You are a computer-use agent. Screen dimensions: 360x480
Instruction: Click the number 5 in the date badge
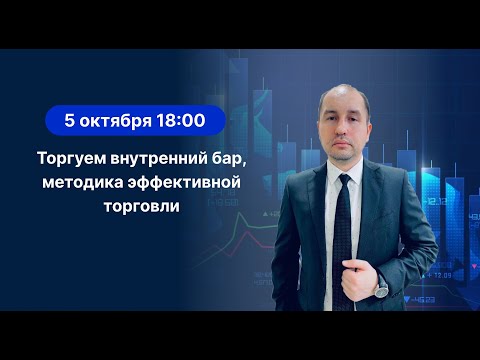pos(69,120)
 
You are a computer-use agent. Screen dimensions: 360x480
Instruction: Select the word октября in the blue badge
pos(116,120)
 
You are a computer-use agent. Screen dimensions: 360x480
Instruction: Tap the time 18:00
pos(181,120)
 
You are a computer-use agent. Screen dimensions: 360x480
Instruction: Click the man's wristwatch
pos(381,287)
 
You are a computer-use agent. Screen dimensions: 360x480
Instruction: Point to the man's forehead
pos(342,95)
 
